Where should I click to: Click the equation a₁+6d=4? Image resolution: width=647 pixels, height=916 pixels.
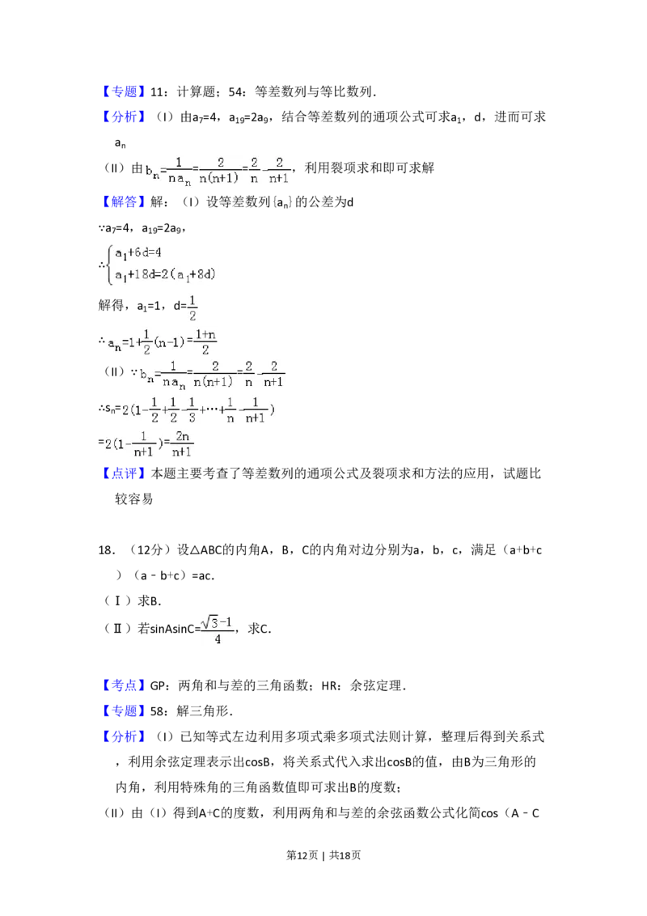coord(138,252)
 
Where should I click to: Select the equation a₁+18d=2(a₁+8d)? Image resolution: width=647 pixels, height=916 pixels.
coord(165,275)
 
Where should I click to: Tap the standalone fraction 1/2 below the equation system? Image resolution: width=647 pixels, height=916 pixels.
coord(192,308)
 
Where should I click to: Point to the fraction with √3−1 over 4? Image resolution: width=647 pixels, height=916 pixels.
coord(219,629)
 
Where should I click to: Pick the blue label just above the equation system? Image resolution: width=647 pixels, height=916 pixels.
coord(125,202)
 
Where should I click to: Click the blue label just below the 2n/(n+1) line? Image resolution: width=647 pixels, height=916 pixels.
coord(125,473)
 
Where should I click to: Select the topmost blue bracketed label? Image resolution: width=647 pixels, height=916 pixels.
coord(125,92)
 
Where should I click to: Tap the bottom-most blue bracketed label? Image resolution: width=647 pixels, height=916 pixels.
coord(125,736)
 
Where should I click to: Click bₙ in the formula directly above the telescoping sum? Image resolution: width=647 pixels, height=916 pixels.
coord(146,375)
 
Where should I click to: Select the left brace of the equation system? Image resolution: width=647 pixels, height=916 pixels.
coord(108,265)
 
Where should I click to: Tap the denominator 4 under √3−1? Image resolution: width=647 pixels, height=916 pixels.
coord(218,639)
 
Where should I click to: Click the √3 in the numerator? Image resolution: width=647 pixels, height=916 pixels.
coord(211,621)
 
